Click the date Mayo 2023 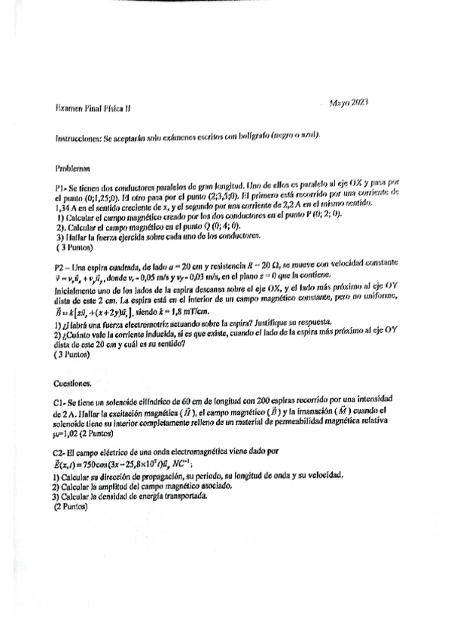(x=349, y=102)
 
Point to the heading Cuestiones (x=74, y=383)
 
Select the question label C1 (x=60, y=402)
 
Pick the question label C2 (x=60, y=451)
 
